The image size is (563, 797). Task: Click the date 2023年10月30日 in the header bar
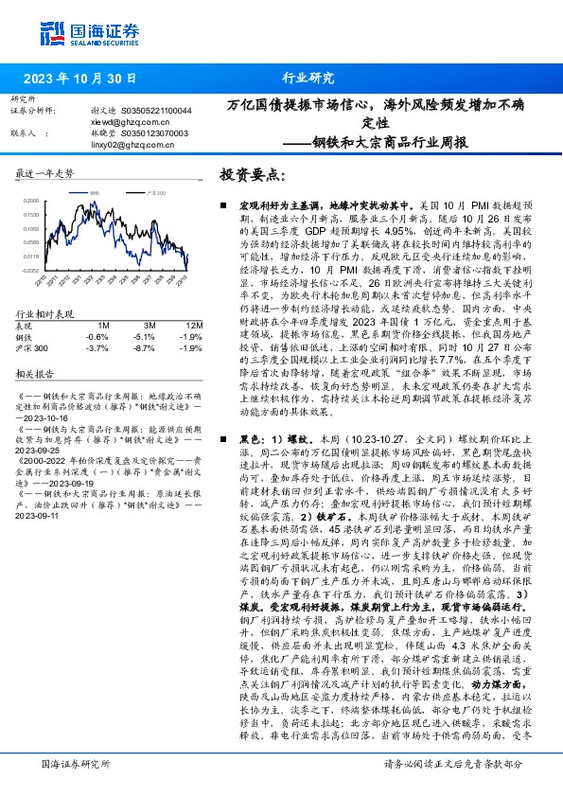click(x=80, y=78)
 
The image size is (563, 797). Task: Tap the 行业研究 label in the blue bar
click(x=308, y=78)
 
